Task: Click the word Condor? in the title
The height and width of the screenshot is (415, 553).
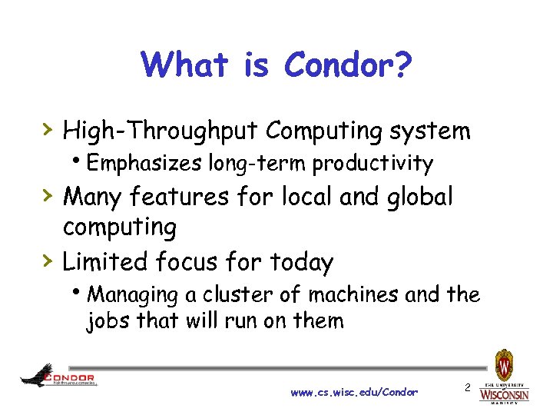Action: click(349, 65)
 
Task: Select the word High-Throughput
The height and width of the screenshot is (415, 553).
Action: click(161, 131)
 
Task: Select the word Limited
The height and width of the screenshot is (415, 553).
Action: click(105, 262)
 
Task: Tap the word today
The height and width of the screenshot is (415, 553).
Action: click(301, 262)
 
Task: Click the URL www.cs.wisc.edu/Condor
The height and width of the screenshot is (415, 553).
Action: click(354, 392)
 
